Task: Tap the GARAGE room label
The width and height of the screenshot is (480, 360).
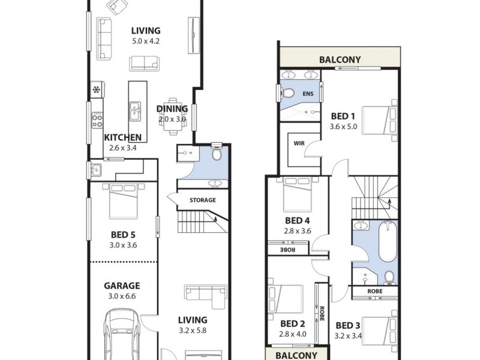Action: (122, 286)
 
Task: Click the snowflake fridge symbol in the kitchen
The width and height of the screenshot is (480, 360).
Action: (96, 90)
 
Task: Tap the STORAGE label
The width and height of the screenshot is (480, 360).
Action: (202, 200)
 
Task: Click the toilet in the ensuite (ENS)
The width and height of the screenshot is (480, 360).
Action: (287, 94)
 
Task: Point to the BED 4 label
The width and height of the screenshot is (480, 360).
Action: (297, 220)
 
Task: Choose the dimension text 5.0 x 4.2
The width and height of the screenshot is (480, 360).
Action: (146, 41)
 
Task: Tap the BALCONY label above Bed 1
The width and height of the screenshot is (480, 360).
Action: (340, 59)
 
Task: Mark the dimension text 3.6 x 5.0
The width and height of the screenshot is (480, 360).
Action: (343, 127)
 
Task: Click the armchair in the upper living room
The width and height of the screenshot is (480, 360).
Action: (117, 7)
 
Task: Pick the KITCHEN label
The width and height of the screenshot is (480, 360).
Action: (122, 137)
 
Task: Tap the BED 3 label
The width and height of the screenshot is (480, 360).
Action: (347, 326)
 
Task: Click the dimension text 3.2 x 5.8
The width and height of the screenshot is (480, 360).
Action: (192, 330)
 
